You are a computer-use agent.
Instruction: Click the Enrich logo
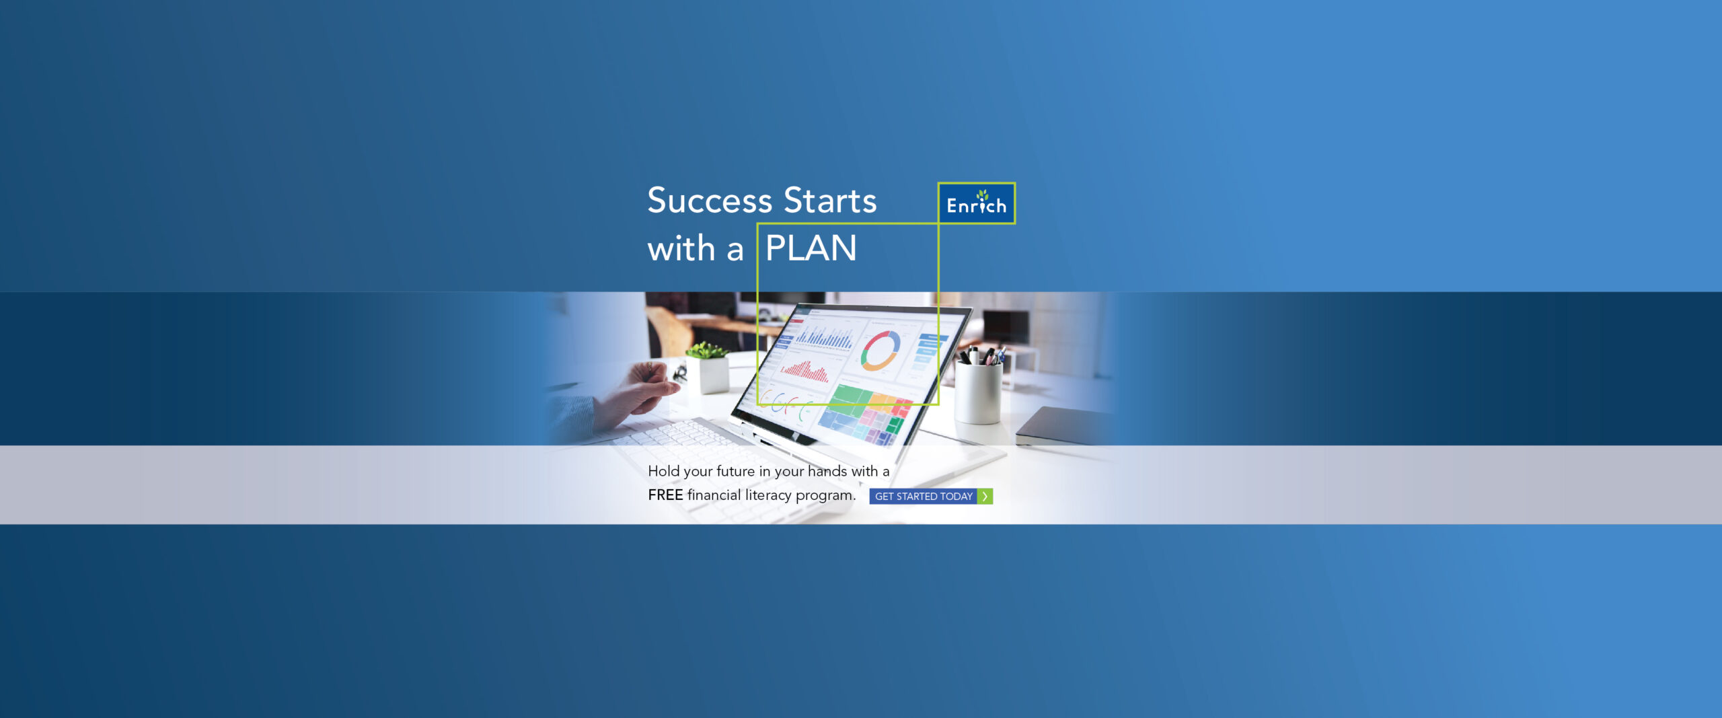pyautogui.click(x=977, y=203)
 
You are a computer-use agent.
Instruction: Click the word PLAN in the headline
pyautogui.click(x=811, y=248)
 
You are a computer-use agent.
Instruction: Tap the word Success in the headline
pyautogui.click(x=710, y=201)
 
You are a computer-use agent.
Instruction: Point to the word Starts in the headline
pyautogui.click(x=831, y=201)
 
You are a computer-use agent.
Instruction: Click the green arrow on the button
pyautogui.click(x=985, y=497)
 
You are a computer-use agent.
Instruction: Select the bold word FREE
pyautogui.click(x=665, y=495)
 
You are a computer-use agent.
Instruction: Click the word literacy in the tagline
pyautogui.click(x=768, y=496)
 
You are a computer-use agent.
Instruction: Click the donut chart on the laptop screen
pyautogui.click(x=881, y=350)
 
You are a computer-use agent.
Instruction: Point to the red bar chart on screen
pyautogui.click(x=804, y=371)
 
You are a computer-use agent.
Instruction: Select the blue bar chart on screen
pyautogui.click(x=825, y=337)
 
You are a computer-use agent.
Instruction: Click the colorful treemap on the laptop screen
pyautogui.click(x=864, y=414)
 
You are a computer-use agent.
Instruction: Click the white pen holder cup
pyautogui.click(x=978, y=393)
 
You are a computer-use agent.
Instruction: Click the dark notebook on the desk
pyautogui.click(x=1063, y=426)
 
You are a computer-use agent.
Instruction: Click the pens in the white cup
pyautogui.click(x=982, y=355)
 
